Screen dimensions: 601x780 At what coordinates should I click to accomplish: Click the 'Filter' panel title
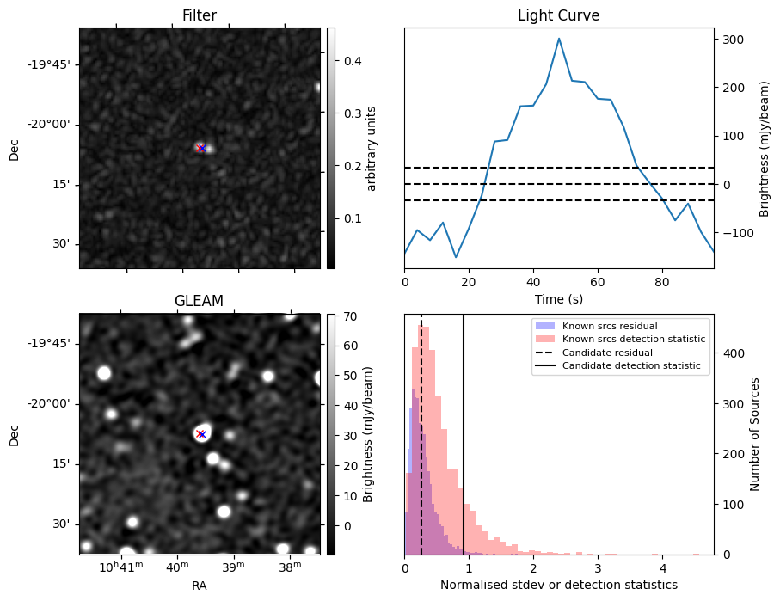tap(200, 15)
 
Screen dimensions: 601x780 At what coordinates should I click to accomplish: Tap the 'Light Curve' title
tap(558, 15)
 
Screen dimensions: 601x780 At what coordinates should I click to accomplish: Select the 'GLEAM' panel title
tap(200, 301)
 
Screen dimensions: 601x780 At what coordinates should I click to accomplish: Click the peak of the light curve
tap(559, 39)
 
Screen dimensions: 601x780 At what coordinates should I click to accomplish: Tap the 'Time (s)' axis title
tap(558, 297)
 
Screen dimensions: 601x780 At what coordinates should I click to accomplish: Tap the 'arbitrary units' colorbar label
tap(372, 148)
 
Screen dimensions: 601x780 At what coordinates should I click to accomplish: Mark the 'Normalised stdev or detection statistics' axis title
tap(558, 585)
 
